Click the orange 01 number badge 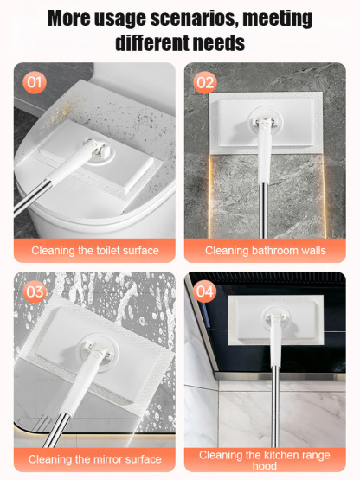pos(35,82)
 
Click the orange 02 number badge pos(205,82)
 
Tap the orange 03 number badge pos(35,291)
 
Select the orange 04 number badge pos(205,291)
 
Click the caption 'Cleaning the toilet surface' pos(95,251)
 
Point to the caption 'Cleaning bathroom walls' pos(265,251)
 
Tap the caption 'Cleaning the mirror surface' pos(95,459)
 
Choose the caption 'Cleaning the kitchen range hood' pos(265,459)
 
